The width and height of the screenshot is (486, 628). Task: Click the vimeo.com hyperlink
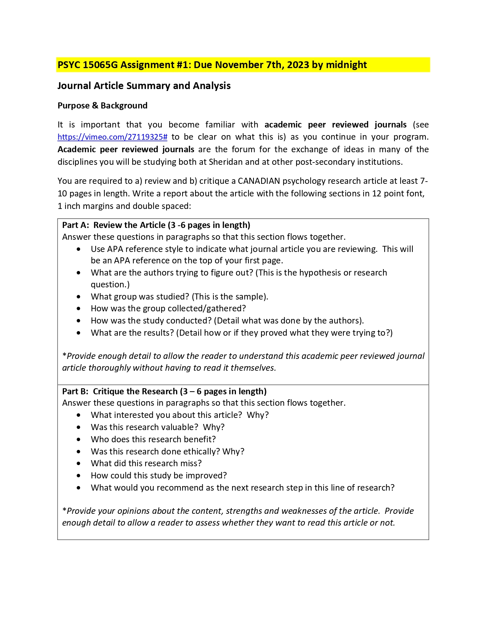click(112, 137)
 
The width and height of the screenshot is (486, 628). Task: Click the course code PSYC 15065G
click(88, 65)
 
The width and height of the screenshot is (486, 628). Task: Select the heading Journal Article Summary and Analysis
click(144, 86)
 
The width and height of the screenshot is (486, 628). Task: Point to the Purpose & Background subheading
click(102, 106)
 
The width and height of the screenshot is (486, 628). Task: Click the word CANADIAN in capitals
click(259, 181)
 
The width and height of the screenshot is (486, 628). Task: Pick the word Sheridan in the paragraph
click(226, 162)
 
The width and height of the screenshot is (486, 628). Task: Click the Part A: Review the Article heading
click(156, 225)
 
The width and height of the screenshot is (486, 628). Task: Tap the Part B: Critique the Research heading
click(164, 392)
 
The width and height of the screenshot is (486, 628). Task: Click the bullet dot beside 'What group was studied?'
click(79, 297)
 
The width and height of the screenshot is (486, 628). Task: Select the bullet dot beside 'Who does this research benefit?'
click(79, 440)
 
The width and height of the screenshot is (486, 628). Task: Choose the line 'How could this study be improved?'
click(159, 476)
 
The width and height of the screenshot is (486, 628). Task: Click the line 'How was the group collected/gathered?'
click(168, 309)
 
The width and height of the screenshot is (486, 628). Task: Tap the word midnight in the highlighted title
click(346, 65)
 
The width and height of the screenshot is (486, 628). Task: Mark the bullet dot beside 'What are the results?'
click(79, 333)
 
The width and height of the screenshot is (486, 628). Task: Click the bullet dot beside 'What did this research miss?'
click(79, 464)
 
